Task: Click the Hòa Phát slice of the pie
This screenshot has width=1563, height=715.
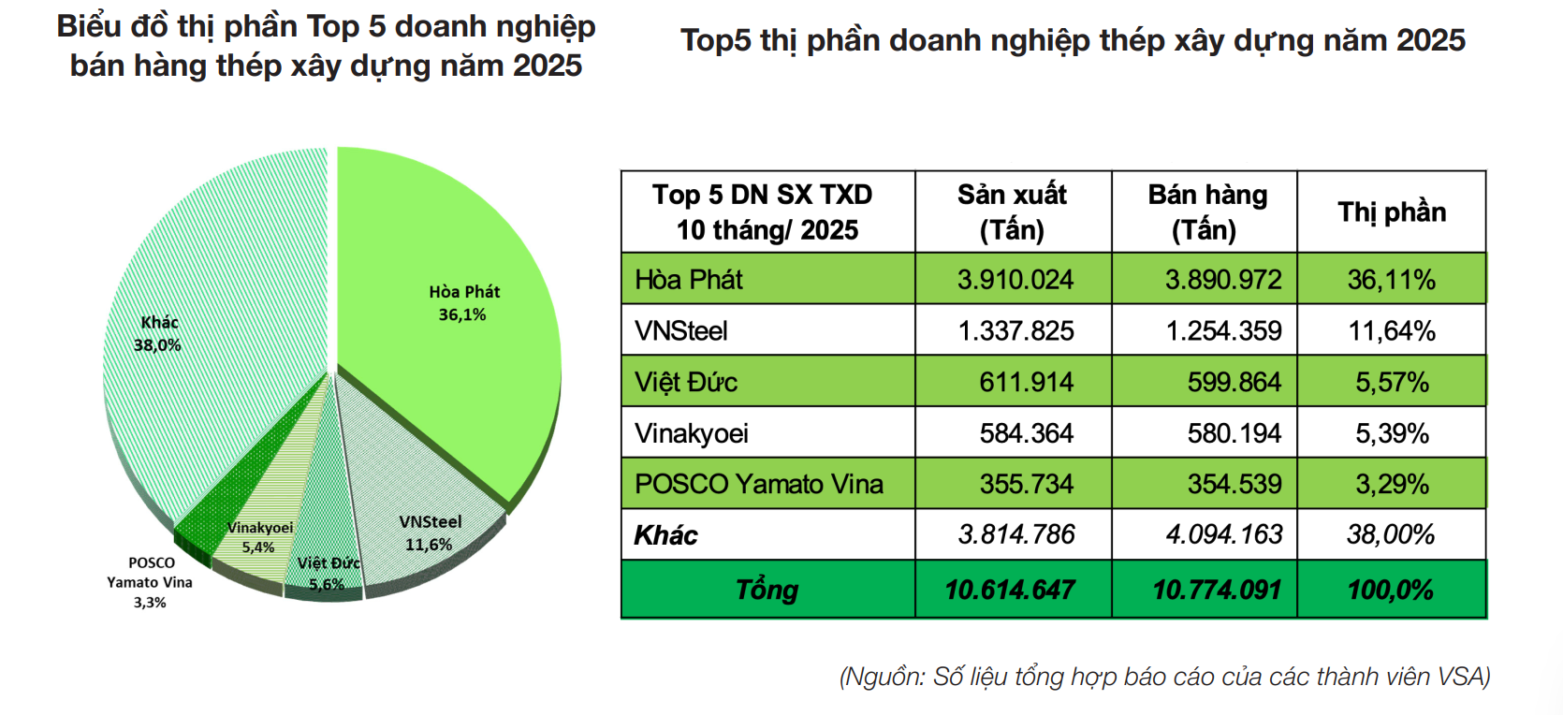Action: [449, 309]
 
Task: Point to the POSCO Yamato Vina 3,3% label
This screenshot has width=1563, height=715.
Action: [150, 582]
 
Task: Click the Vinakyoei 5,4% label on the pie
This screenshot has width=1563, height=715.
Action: [259, 537]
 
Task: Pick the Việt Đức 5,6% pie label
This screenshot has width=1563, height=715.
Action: [328, 573]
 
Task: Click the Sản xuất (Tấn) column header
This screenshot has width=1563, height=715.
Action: [1012, 212]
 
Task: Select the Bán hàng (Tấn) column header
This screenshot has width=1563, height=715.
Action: [1206, 212]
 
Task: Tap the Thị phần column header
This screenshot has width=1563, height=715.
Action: [1391, 212]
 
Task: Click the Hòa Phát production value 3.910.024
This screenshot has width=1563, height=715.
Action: [1015, 280]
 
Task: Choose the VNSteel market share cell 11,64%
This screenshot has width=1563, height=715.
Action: [1391, 331]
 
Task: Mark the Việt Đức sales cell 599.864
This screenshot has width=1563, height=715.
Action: [1234, 382]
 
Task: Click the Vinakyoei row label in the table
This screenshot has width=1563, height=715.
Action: [692, 433]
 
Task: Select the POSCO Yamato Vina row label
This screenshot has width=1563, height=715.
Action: [758, 484]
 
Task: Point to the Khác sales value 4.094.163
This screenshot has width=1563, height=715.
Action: [1224, 535]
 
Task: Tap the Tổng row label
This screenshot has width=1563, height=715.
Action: [767, 590]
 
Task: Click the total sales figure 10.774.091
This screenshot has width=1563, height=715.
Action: [1217, 590]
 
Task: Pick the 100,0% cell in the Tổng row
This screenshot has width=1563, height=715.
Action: [1391, 590]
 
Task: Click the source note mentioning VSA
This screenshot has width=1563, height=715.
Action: [1164, 677]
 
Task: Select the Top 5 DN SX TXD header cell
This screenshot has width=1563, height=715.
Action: [767, 212]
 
